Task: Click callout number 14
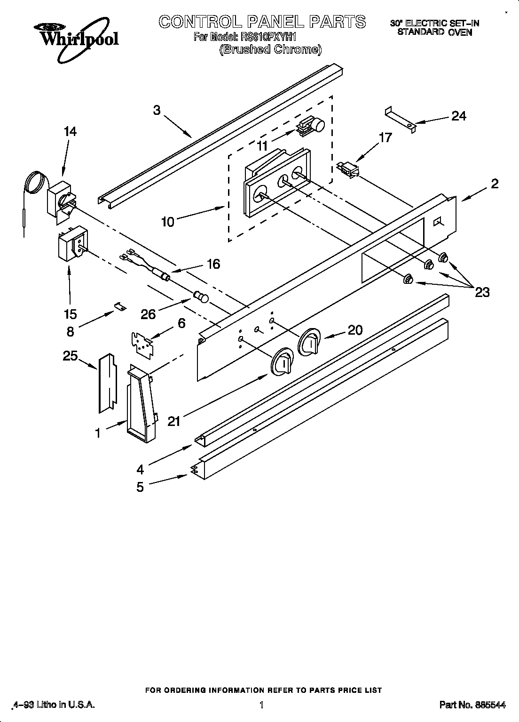70,132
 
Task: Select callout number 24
458,116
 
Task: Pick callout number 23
482,292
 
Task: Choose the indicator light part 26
201,297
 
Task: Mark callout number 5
140,487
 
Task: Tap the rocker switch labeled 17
348,168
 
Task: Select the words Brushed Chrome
271,49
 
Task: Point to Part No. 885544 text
472,705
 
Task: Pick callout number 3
157,110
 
